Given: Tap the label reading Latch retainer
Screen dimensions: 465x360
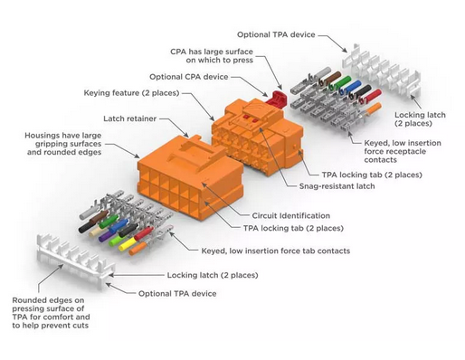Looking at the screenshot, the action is point(130,118).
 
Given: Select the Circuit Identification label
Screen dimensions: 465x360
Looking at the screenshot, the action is point(291,215).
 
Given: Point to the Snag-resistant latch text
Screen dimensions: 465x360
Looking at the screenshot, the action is point(337,186).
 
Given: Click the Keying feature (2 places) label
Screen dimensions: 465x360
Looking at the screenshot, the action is point(131,93).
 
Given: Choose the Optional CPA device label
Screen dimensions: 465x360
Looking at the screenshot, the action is point(189,77).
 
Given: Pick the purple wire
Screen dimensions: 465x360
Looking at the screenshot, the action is point(105,235).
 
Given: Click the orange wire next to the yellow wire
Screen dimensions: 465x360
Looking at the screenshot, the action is point(138,249).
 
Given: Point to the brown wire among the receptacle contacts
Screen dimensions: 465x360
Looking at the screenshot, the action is point(332,77).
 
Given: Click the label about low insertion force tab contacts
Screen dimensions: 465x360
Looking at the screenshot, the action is point(276,251).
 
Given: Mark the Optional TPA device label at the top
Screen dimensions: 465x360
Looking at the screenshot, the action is point(276,34).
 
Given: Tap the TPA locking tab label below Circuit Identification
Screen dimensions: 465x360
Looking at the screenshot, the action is point(293,228).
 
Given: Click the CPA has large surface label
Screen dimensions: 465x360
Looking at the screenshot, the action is point(212,56).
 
